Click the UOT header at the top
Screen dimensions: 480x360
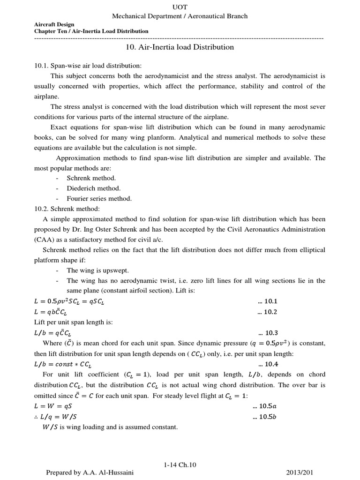[180, 7]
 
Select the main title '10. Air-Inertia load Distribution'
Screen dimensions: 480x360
[180, 47]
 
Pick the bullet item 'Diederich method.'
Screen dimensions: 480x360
[93, 188]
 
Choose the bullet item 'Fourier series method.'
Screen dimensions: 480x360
[99, 198]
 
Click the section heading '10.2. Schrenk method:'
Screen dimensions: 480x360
[67, 209]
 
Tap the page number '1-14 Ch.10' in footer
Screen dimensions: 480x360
[180, 465]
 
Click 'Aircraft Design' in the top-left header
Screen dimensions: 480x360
[54, 24]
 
